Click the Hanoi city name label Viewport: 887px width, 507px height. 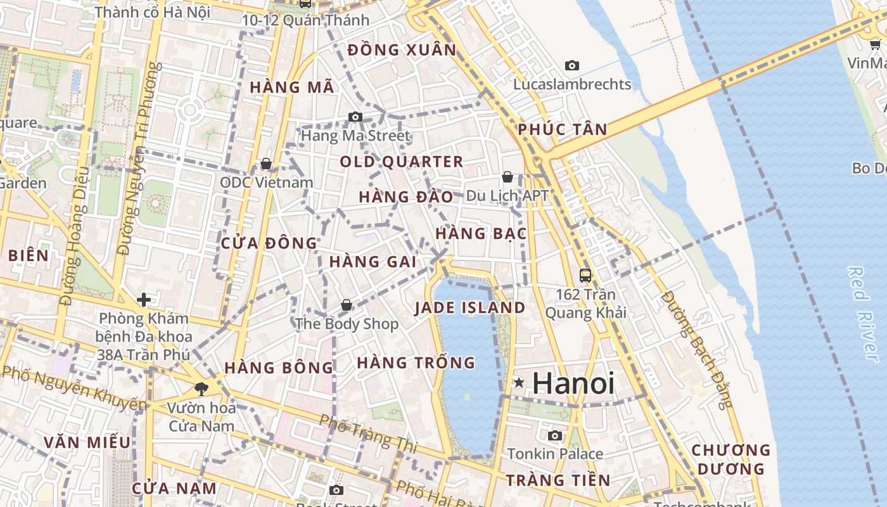(573, 383)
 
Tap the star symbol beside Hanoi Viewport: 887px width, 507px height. (519, 382)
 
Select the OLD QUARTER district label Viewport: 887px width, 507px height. (402, 162)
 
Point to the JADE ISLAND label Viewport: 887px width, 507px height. (470, 308)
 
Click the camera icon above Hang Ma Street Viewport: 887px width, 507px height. (355, 117)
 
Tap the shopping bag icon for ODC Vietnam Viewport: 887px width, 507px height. (266, 164)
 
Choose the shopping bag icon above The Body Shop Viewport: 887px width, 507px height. (347, 305)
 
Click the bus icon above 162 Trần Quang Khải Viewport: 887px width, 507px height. (585, 276)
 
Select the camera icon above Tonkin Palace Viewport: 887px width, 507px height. (555, 435)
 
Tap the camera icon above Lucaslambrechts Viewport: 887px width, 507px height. (572, 65)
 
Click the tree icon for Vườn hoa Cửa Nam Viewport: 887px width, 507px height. (201, 388)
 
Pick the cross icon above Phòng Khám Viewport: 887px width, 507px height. (144, 299)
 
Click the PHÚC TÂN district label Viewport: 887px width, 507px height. (562, 129)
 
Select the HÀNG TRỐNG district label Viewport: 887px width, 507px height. (416, 363)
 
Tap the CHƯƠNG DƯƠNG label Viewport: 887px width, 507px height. (731, 459)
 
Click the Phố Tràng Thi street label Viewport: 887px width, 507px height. (368, 433)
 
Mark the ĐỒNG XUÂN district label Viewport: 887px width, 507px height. (402, 49)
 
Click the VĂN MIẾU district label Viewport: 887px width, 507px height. (87, 442)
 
